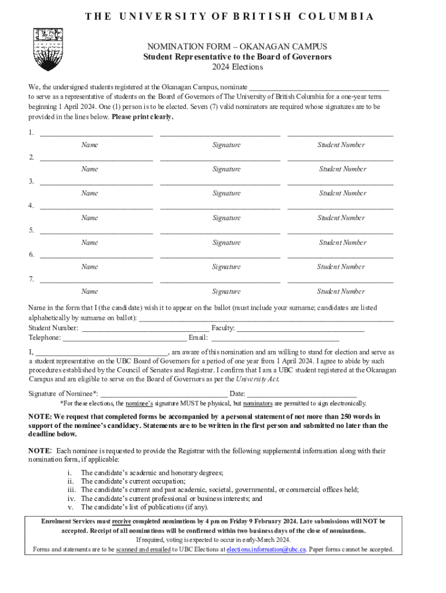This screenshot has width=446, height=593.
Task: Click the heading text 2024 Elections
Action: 237,67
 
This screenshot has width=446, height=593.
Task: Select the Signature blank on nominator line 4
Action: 220,207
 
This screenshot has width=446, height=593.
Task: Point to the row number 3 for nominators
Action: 31,182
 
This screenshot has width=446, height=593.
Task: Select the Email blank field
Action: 275,338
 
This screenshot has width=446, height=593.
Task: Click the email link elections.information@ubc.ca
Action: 266,550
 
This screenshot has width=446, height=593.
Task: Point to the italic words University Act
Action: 257,379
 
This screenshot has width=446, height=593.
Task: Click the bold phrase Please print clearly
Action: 142,117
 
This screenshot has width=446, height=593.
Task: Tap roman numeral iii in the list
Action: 71,490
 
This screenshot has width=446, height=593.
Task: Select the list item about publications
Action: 144,507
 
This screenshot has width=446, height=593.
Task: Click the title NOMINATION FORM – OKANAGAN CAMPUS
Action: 237,46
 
